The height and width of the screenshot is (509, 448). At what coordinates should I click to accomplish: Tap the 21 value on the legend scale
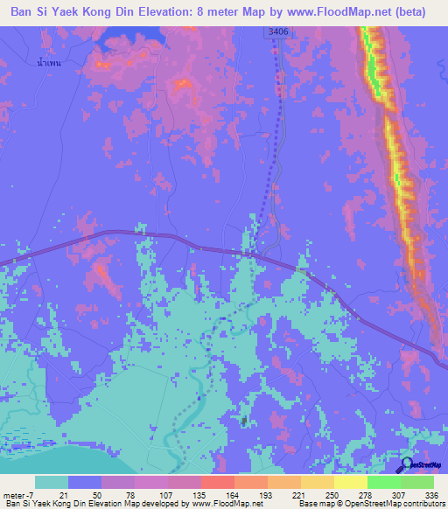(x=66, y=494)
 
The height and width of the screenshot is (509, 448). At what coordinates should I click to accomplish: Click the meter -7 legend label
(x=19, y=494)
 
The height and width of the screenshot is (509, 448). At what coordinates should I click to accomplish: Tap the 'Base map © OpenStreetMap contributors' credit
(x=370, y=504)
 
